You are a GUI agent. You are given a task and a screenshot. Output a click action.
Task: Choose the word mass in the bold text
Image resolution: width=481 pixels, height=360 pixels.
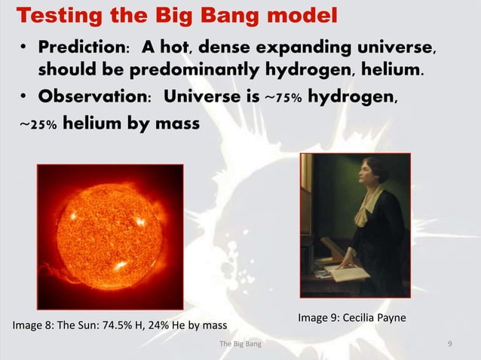click(x=176, y=122)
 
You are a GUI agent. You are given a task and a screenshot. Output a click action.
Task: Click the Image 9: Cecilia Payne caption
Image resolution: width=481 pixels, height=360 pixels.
click(x=351, y=319)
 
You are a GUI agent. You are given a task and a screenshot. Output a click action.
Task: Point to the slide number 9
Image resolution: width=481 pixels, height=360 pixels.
click(x=449, y=345)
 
